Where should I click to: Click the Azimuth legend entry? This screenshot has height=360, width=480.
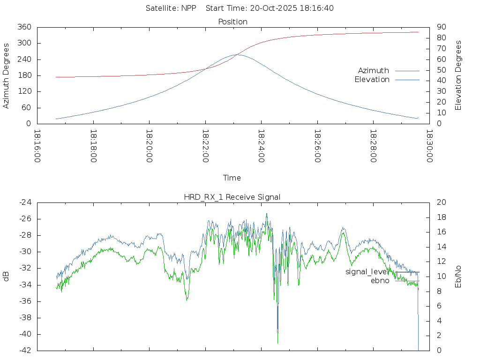pos(374,71)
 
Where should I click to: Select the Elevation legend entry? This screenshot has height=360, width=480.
pos(372,80)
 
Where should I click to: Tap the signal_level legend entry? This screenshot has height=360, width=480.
pos(367,272)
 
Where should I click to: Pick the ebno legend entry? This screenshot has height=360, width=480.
pos(380,281)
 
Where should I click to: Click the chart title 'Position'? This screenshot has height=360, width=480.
pos(232,22)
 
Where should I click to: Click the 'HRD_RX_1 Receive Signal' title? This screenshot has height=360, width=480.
pos(232,197)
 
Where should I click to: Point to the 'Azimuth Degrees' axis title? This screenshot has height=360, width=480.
pos(6,75)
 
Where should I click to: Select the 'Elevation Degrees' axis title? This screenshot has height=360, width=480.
pos(458,75)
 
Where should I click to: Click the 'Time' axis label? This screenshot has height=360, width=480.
pos(232,178)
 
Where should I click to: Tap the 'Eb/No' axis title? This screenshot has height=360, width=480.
pos(458,276)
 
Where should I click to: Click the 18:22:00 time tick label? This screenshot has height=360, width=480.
pos(205,146)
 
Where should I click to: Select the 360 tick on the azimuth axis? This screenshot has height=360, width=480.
pos(24,27)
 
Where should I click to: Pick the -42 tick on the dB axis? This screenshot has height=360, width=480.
pos(24,350)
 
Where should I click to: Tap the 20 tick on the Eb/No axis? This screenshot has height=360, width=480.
pos(441,202)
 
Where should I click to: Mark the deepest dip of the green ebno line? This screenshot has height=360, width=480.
pos(277,343)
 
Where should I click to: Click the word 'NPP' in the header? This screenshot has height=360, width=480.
pos(189,8)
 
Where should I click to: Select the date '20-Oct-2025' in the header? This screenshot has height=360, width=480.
pos(266,8)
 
